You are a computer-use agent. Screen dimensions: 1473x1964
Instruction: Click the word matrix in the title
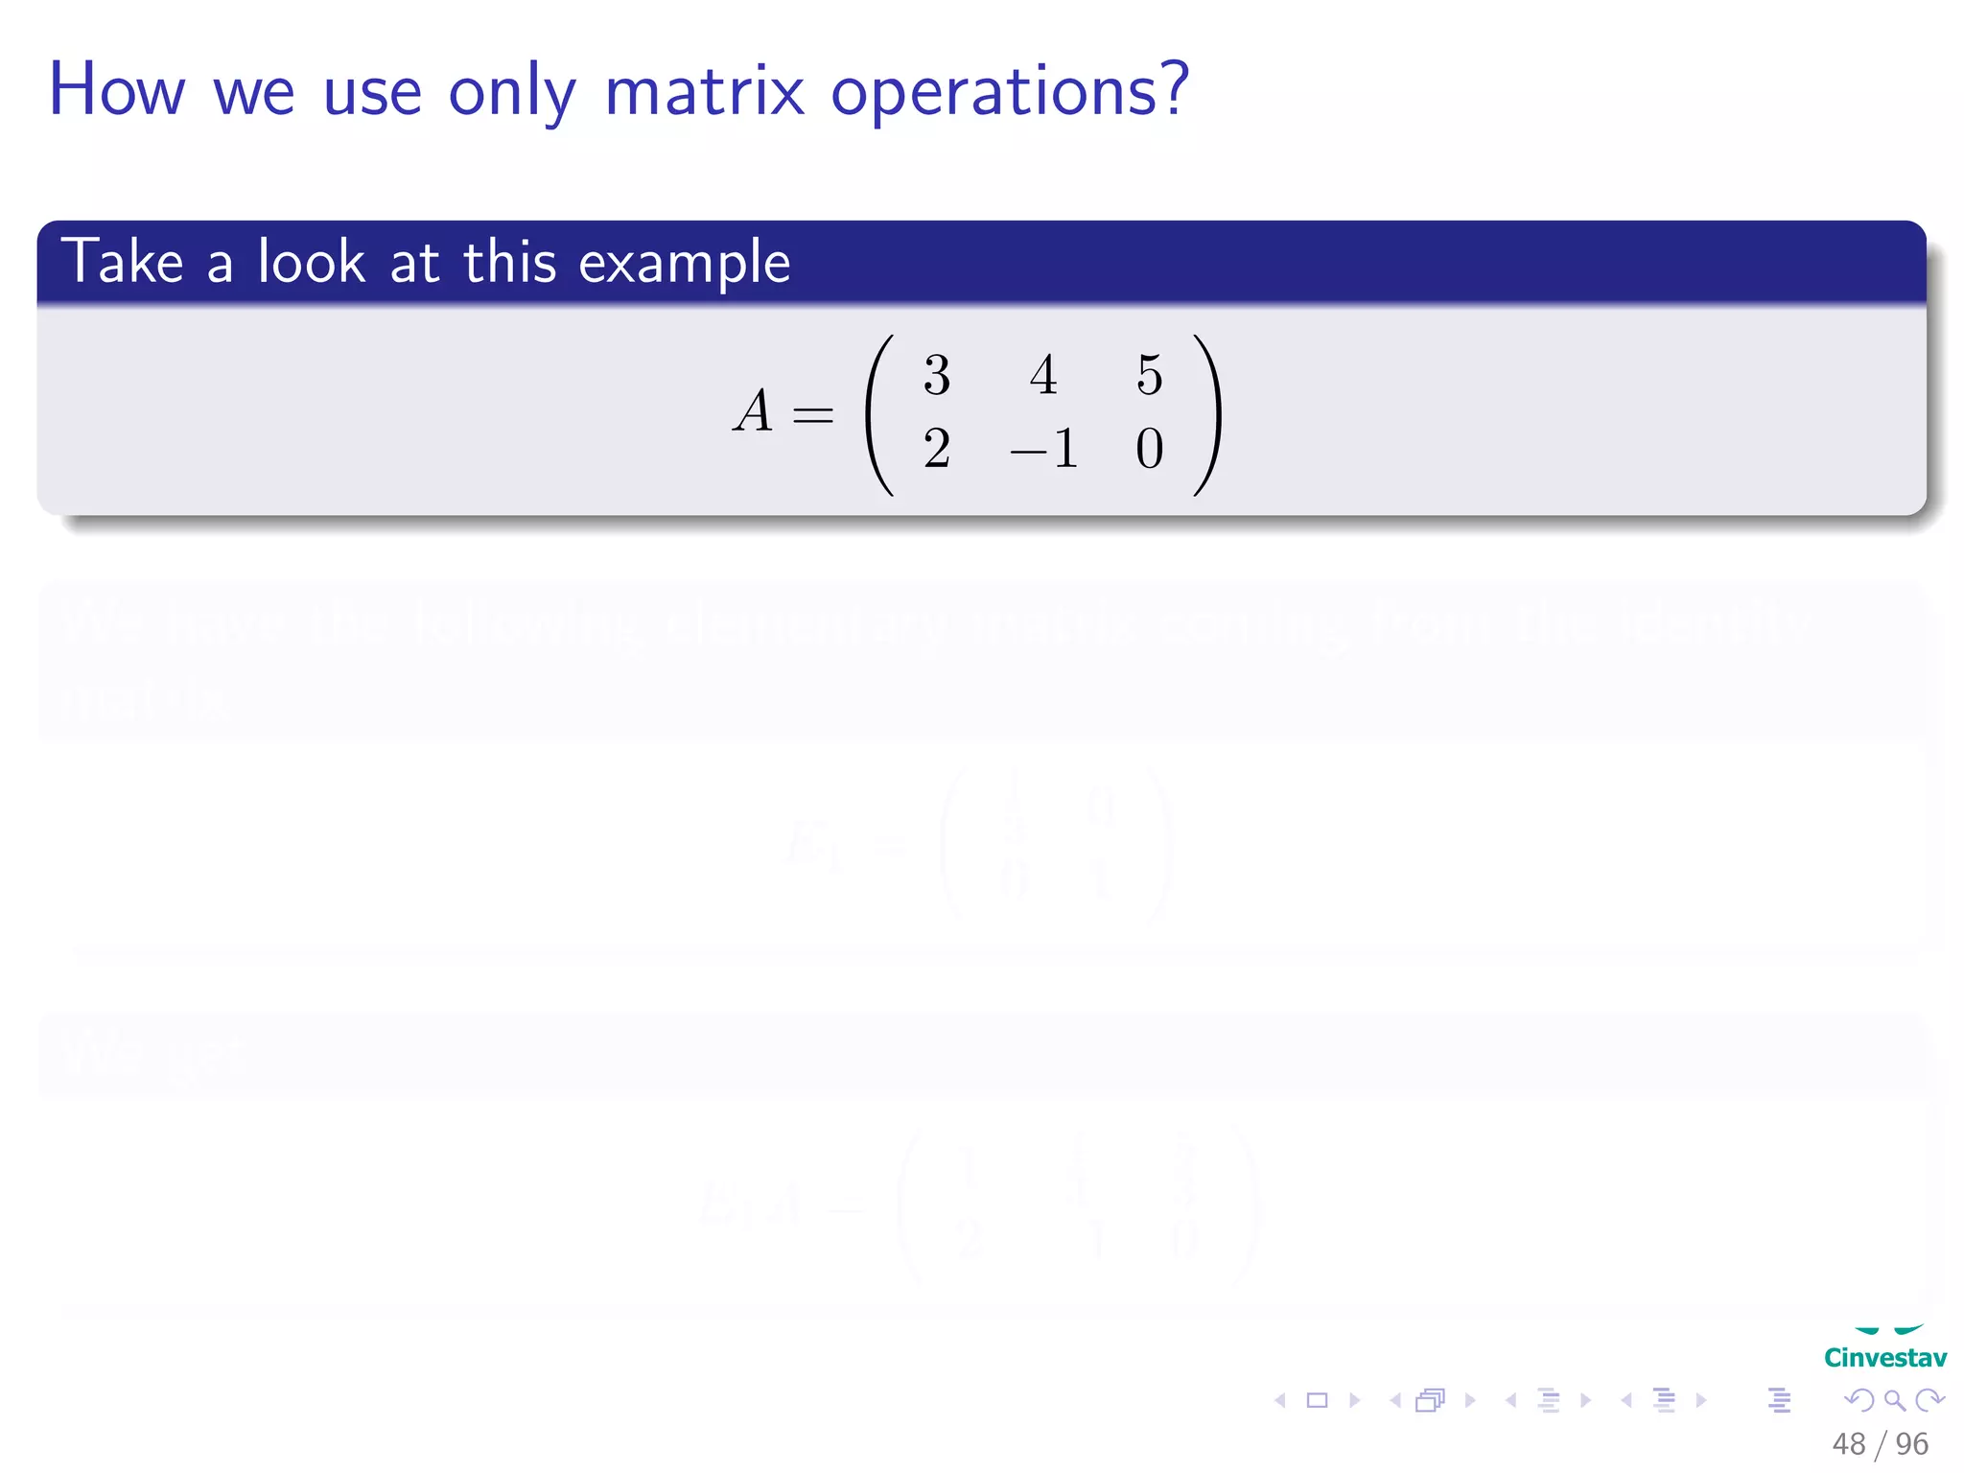point(704,92)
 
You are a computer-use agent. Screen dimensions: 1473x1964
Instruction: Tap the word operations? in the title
point(1009,94)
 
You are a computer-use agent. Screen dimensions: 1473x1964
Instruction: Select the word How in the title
point(116,90)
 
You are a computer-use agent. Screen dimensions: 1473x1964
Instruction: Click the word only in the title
point(512,94)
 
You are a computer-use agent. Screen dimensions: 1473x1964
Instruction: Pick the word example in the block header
point(684,263)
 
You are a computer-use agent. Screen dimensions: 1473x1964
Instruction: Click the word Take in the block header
point(122,261)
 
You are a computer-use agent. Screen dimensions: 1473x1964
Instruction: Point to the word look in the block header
point(311,261)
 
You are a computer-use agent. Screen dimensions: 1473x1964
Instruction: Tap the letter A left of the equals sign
point(754,411)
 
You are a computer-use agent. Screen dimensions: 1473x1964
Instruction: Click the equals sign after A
point(813,415)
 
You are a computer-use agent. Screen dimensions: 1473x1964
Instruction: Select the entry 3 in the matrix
point(937,375)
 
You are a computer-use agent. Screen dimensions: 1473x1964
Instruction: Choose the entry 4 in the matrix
point(1043,375)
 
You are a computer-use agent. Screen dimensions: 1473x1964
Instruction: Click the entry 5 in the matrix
point(1149,375)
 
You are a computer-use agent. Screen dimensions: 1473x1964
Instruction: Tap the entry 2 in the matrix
point(937,449)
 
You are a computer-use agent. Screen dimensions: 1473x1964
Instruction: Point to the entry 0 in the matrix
point(1149,449)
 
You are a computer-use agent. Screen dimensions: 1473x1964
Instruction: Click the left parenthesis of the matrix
point(879,414)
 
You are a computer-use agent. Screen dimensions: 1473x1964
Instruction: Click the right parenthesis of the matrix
point(1206,414)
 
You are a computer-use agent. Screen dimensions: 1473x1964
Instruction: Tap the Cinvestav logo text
point(1884,1358)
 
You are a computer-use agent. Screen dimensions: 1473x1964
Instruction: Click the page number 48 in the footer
point(1848,1444)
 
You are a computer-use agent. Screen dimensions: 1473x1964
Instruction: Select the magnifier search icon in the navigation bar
point(1894,1400)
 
